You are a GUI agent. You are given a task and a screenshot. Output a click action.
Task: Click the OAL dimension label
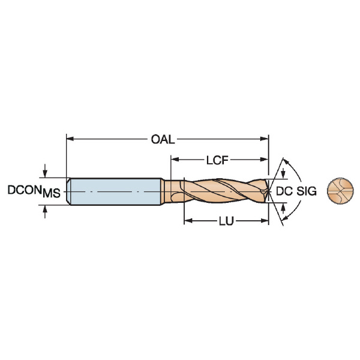pyautogui.click(x=163, y=139)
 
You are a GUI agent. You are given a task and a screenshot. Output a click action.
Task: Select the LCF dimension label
pyautogui.click(x=217, y=160)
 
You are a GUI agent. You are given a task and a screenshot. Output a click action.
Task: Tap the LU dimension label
pyautogui.click(x=226, y=221)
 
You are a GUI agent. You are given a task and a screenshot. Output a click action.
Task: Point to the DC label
pyautogui.click(x=284, y=191)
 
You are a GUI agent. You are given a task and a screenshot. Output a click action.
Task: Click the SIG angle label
pyautogui.click(x=307, y=191)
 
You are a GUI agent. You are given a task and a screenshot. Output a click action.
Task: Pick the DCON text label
pyautogui.click(x=25, y=190)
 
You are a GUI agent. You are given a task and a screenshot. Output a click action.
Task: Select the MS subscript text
pyautogui.click(x=52, y=193)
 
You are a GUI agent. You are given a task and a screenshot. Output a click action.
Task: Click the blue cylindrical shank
pyautogui.click(x=115, y=191)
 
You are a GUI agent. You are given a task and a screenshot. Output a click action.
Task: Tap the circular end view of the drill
pyautogui.click(x=340, y=191)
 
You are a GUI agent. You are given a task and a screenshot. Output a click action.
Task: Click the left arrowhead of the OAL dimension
pyautogui.click(x=70, y=139)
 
